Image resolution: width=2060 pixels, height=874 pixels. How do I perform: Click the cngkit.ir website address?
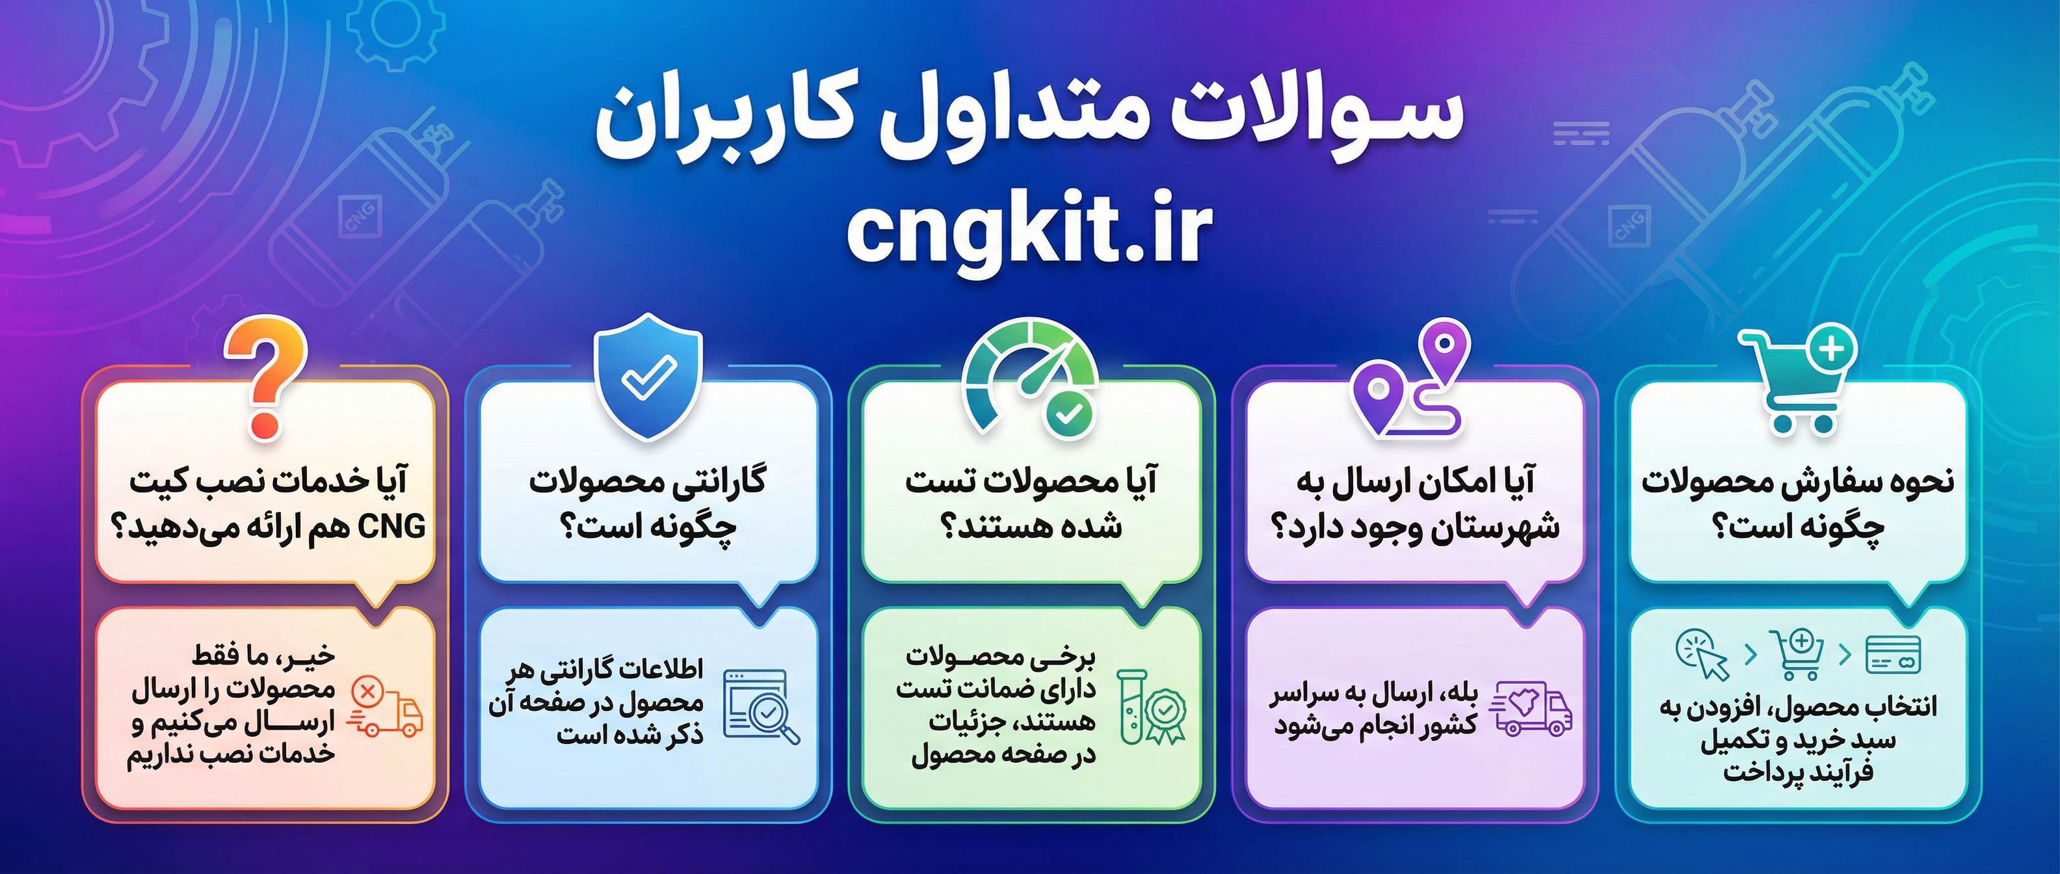[1029, 232]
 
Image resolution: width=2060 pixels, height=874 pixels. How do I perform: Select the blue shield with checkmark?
[648, 377]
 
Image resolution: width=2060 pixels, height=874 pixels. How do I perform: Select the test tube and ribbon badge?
[1152, 707]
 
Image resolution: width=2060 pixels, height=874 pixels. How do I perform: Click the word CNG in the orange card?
[392, 527]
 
